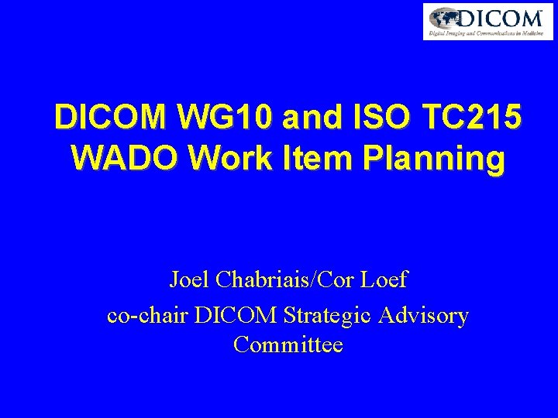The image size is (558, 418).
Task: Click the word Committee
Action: tap(288, 344)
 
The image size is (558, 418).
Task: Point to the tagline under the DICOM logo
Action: tap(487, 33)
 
